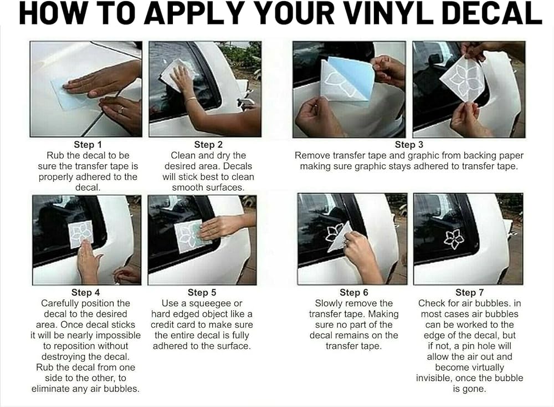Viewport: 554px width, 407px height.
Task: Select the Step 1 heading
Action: pos(88,145)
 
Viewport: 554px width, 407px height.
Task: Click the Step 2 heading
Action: pos(208,145)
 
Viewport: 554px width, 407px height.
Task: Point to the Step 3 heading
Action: pos(409,145)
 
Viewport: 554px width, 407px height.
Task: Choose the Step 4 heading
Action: pos(85,292)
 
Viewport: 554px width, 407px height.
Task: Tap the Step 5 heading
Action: pos(202,292)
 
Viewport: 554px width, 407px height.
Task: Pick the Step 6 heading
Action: pos(353,292)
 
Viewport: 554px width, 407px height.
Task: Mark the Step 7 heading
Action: pos(470,292)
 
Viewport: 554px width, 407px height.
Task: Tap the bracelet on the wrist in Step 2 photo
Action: pos(191,99)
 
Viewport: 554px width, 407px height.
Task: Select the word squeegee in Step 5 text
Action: pos(216,303)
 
